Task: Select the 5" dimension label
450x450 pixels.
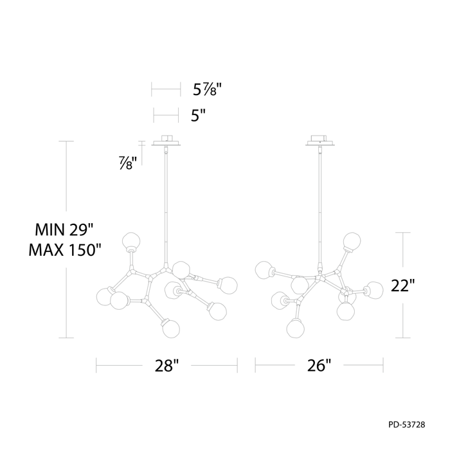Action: (x=199, y=116)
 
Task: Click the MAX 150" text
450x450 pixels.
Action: (x=65, y=249)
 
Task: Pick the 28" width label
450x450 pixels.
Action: (x=166, y=366)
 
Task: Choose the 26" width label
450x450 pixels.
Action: (x=319, y=366)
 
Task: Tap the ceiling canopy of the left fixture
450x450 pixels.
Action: (x=166, y=139)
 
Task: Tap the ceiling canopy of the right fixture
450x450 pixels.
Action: (x=319, y=139)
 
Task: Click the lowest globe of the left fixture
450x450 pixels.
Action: (x=170, y=327)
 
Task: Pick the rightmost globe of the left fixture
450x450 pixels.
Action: (x=228, y=284)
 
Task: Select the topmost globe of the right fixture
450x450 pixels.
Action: (x=352, y=241)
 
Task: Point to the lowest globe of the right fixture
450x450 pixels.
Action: (x=295, y=328)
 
